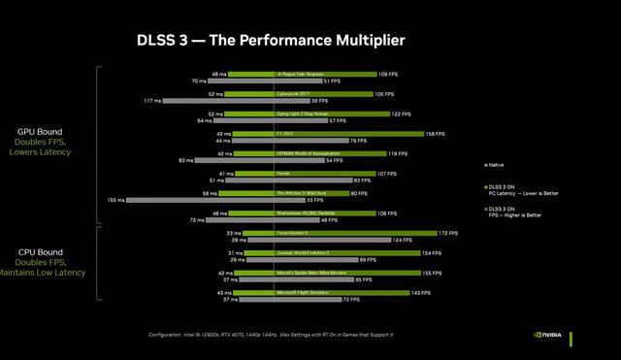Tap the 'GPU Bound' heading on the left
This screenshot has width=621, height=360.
click(40, 131)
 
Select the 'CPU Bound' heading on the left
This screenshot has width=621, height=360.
click(40, 251)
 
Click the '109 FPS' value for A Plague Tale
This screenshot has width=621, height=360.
click(389, 74)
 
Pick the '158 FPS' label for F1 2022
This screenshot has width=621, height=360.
click(436, 134)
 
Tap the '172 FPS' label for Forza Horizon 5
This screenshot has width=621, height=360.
click(448, 233)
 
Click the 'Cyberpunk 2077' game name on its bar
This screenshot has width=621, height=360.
click(296, 94)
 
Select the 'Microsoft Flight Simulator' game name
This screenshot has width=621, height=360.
click(306, 292)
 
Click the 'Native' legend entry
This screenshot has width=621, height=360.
click(497, 165)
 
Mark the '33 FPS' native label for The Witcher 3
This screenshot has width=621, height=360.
click(314, 200)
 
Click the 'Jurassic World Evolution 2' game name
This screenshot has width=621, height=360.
click(304, 252)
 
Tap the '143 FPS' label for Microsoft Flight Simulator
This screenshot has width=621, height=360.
click(419, 292)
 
